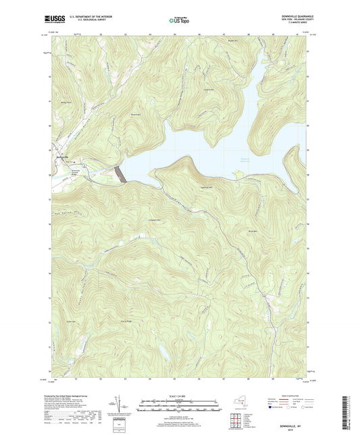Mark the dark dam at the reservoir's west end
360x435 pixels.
click(x=121, y=174)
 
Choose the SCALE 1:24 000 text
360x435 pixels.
click(x=179, y=396)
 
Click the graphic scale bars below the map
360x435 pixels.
click(x=179, y=407)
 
